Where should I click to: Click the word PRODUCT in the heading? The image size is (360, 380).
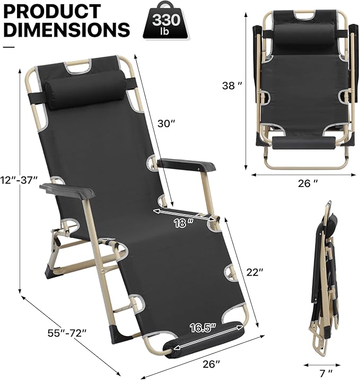point(52,11)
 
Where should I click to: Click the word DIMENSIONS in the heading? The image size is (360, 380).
point(67,29)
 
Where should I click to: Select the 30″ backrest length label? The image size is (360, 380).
point(166,123)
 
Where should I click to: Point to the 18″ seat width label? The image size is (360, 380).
point(184,223)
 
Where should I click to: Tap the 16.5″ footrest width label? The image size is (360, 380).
point(203,328)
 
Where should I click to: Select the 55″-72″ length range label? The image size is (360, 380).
point(67,333)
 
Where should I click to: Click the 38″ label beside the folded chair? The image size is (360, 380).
point(232,85)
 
